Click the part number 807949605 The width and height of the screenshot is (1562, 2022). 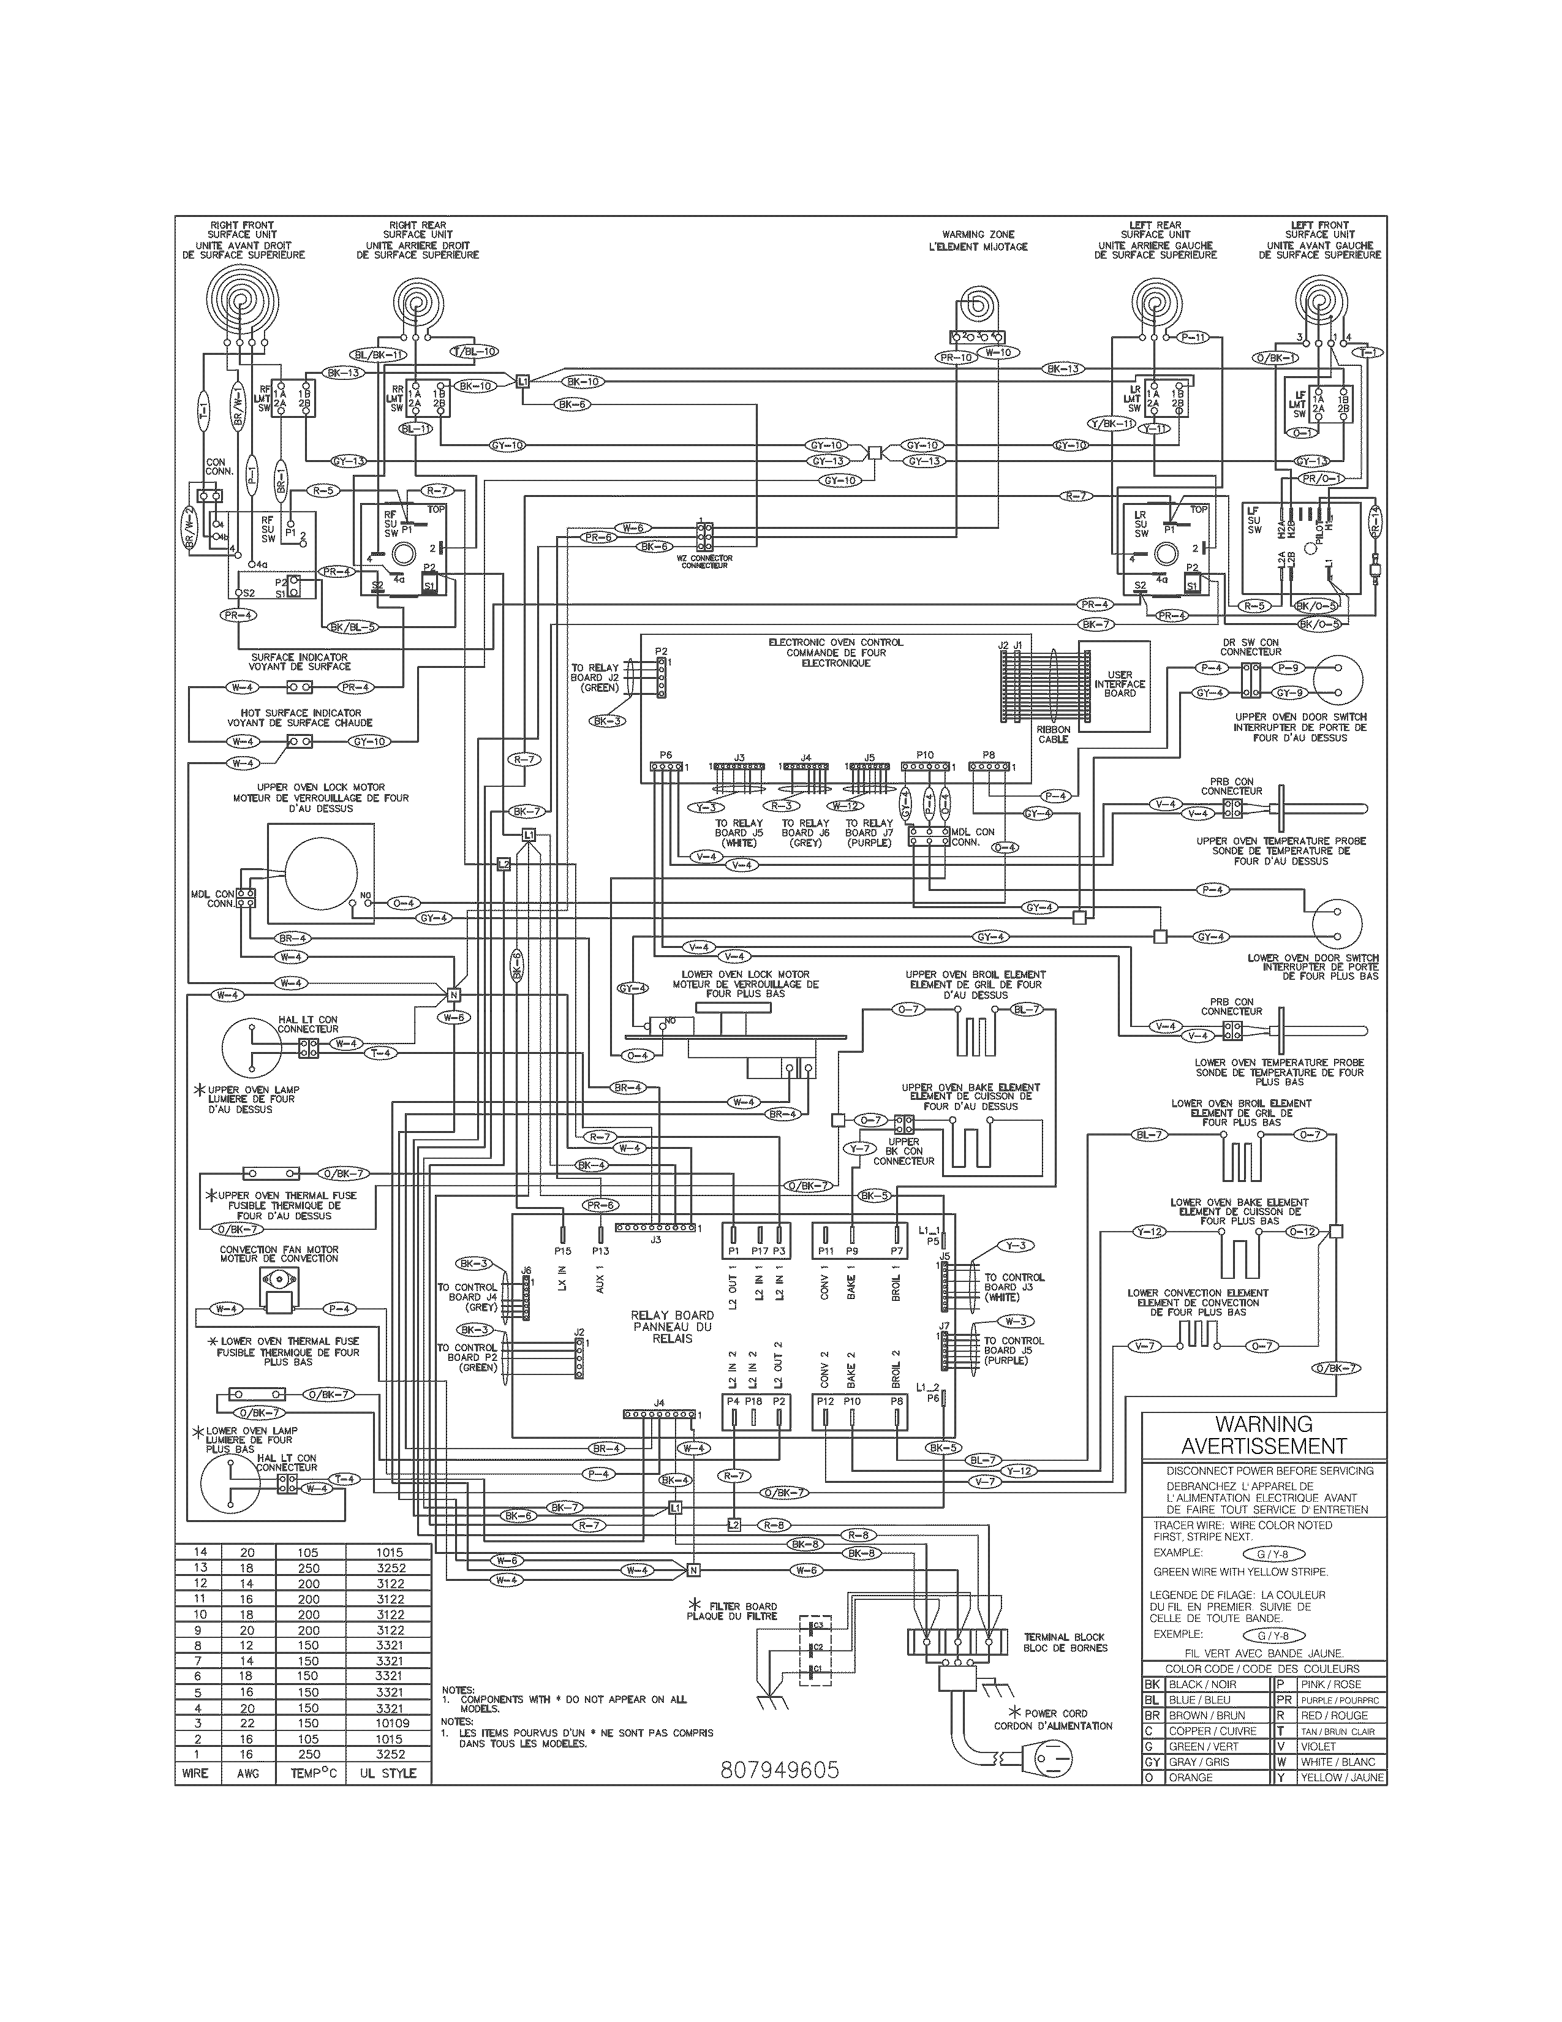tap(779, 1770)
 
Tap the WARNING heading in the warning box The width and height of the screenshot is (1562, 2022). tap(1263, 1425)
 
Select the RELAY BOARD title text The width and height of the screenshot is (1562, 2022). tap(672, 1315)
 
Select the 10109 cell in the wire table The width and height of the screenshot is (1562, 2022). tap(388, 1723)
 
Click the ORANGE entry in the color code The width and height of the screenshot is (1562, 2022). tap(1190, 1778)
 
